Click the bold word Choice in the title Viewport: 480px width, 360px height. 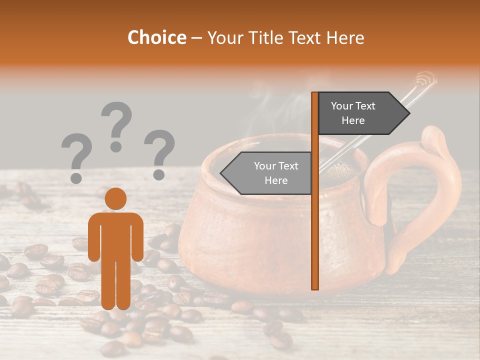tap(156, 37)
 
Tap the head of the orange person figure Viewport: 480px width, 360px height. tap(115, 198)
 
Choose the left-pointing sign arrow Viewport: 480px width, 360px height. tap(267, 173)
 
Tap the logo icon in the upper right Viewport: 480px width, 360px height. tap(426, 78)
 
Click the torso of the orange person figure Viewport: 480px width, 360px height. tap(115, 235)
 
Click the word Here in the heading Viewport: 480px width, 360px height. tap(345, 37)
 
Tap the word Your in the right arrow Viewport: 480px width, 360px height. tap(342, 105)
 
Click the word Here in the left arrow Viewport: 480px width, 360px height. tap(276, 180)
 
